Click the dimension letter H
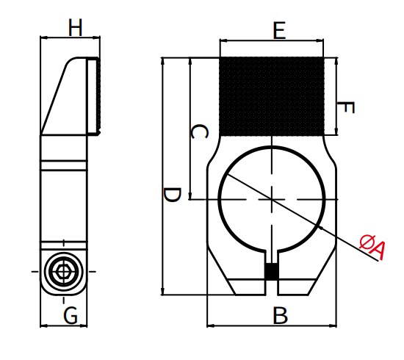tap(75, 27)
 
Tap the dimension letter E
tap(279, 31)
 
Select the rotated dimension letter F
tap(346, 108)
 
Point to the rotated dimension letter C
tap(199, 132)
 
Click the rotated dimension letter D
tap(173, 195)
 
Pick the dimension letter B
tap(280, 316)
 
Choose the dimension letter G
tap(71, 315)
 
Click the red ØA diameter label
tap(372, 247)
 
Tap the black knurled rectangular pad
tap(272, 96)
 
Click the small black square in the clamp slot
tap(272, 271)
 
